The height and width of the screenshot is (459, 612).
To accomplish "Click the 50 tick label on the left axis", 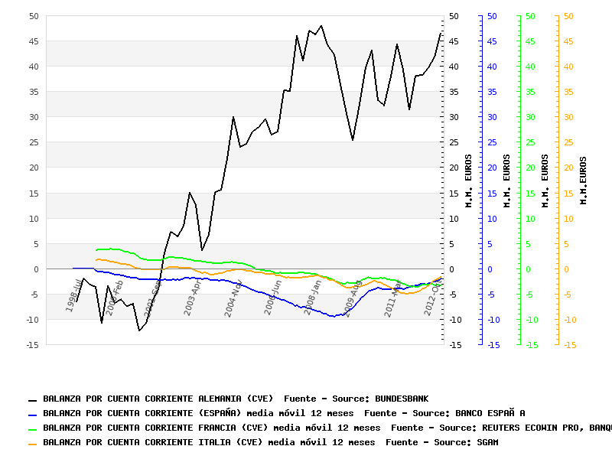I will click(33, 16).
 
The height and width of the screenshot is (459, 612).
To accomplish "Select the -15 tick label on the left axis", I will click(31, 345).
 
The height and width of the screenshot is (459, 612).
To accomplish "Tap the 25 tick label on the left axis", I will click(33, 142).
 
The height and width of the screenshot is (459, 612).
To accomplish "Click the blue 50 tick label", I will click(492, 16).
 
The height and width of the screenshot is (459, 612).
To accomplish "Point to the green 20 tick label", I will click(530, 168).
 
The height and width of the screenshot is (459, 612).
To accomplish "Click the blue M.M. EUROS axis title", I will click(507, 180).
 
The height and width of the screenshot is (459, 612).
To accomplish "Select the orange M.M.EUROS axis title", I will click(584, 180).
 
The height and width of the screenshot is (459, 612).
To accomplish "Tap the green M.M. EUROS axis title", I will click(545, 180).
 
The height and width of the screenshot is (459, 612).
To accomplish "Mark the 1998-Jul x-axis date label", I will click(74, 296).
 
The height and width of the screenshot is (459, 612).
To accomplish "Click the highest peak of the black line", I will click(321, 25).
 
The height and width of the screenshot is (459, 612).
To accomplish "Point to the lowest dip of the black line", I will click(139, 330).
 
